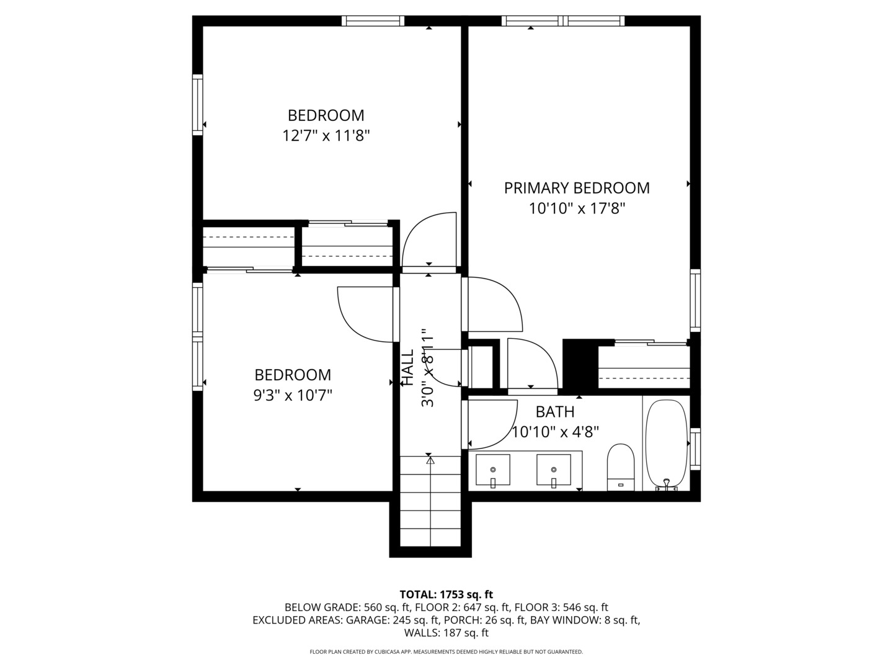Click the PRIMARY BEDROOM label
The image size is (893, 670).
(577, 188)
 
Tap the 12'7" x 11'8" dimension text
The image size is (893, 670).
(326, 135)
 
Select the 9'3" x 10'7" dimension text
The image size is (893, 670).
(293, 395)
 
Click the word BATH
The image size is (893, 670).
(555, 412)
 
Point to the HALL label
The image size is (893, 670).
(407, 368)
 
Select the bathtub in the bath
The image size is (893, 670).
(667, 444)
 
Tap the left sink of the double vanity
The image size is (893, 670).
(493, 470)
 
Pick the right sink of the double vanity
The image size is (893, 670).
(553, 470)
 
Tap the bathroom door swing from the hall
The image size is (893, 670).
(491, 424)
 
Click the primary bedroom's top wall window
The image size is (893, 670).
(563, 21)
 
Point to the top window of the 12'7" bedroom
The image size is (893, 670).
(373, 21)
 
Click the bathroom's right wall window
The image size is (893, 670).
(695, 448)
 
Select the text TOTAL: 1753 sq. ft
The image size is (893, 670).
(446, 594)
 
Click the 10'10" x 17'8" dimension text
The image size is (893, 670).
(577, 208)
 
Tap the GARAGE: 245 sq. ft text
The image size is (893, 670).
(393, 620)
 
